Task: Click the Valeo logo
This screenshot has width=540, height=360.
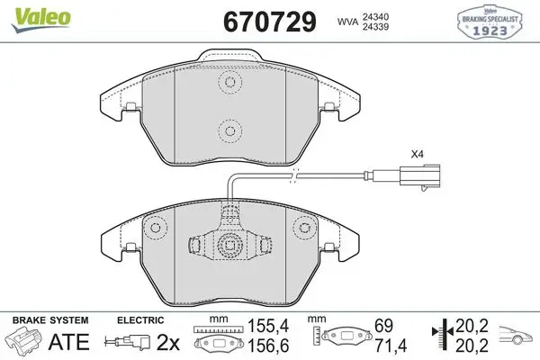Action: coord(41,20)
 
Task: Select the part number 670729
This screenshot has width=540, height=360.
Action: coord(270,22)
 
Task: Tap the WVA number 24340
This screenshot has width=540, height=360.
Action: coord(375,16)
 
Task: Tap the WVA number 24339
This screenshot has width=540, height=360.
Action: coord(375,27)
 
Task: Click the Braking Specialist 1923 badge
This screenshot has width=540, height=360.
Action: coord(490,22)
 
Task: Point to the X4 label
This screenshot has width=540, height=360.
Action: coord(417,154)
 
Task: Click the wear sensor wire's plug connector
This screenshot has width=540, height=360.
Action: coord(419,176)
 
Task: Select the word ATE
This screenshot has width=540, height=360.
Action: coord(69,342)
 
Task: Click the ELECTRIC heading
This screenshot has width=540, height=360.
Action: coord(140,320)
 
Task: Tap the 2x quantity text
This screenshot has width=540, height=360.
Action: coord(168,342)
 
